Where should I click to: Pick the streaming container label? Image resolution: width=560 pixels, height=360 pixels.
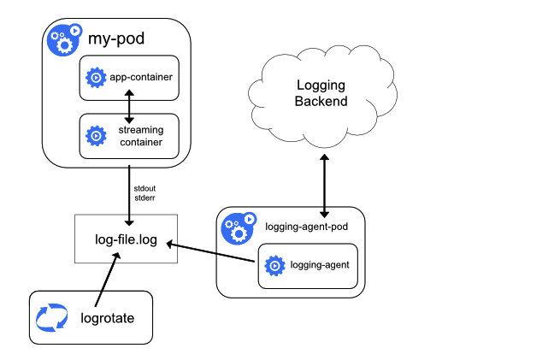click(x=140, y=135)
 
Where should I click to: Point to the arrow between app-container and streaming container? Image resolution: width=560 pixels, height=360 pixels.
click(x=128, y=106)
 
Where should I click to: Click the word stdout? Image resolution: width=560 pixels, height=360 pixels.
click(x=144, y=188)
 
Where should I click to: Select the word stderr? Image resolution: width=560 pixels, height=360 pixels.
click(x=144, y=198)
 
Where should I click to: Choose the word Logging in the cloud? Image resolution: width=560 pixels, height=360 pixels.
click(x=321, y=86)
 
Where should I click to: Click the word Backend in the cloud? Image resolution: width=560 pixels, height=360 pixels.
click(x=321, y=102)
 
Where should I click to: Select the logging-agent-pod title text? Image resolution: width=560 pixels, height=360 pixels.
click(x=305, y=227)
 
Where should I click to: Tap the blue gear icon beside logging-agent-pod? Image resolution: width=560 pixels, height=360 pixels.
click(x=239, y=228)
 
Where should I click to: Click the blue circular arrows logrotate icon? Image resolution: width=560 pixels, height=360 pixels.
click(x=50, y=319)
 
